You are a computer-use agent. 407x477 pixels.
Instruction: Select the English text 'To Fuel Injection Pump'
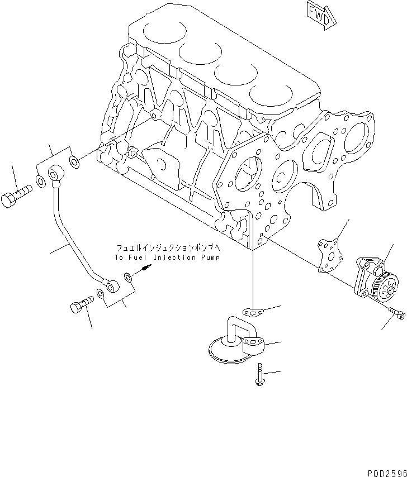[x=167, y=257]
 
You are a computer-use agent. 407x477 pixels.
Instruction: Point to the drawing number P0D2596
[x=386, y=472]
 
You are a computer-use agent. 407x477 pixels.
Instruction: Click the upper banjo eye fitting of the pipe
[x=56, y=175]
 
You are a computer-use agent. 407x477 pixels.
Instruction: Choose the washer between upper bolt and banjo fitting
[x=40, y=181]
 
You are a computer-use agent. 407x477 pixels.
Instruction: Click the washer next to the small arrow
[x=129, y=276]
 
